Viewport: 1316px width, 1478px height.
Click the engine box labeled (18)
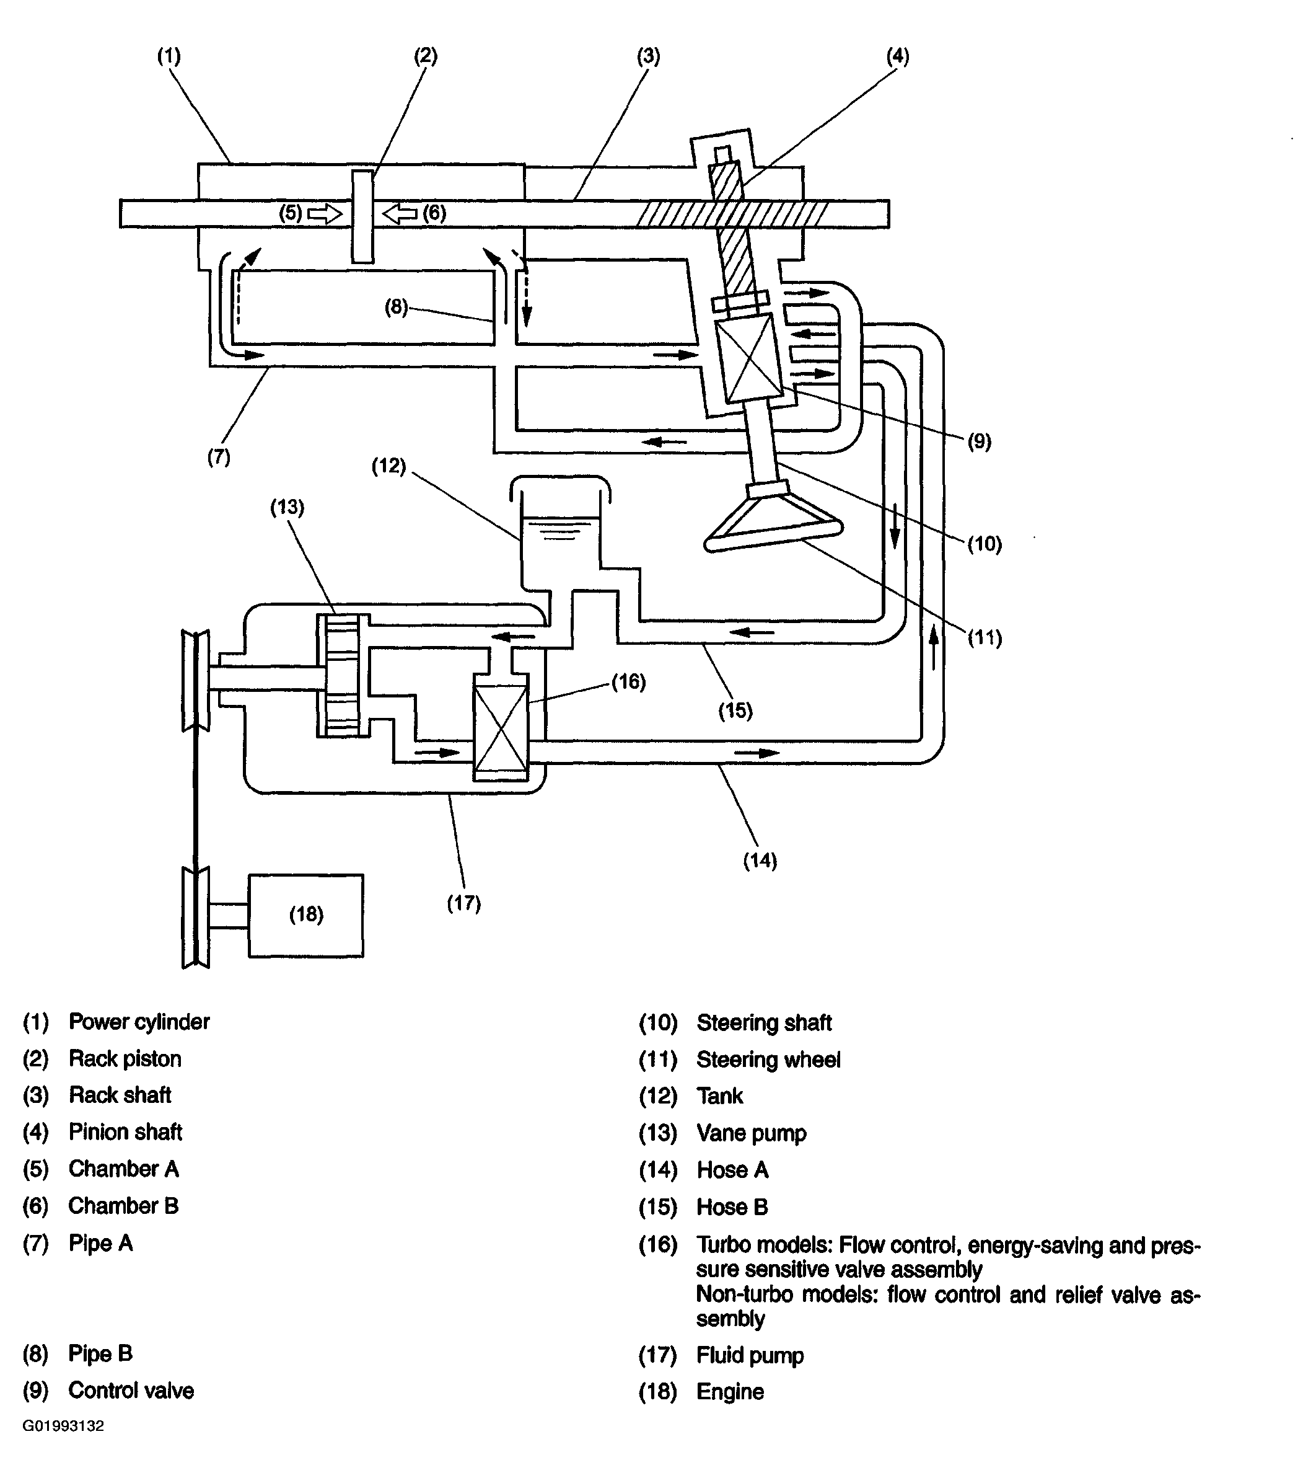[306, 915]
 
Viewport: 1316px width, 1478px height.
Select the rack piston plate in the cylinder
[362, 216]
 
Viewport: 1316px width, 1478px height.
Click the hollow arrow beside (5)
[325, 213]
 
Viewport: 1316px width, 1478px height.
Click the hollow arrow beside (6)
[399, 213]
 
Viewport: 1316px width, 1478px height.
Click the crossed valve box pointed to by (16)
[501, 727]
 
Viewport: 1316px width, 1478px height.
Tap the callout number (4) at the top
[897, 56]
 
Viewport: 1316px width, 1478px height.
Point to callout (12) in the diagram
[389, 465]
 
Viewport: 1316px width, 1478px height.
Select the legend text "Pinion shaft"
[125, 1132]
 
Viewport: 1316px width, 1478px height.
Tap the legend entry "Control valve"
[131, 1391]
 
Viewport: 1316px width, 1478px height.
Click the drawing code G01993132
[64, 1426]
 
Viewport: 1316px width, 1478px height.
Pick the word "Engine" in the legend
[730, 1392]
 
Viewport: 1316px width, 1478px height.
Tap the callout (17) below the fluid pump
[463, 903]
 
